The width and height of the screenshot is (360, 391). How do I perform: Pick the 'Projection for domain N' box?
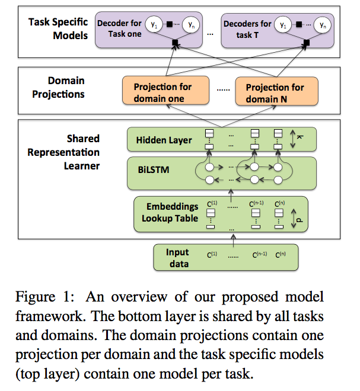tap(275, 92)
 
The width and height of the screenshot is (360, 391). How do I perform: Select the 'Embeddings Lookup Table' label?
tap(173, 213)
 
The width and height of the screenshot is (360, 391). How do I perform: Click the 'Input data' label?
tap(177, 257)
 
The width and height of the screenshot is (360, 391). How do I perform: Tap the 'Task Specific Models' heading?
tap(58, 28)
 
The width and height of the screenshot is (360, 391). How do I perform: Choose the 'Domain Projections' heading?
tap(66, 86)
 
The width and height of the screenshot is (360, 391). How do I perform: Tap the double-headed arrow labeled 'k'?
tap(293, 140)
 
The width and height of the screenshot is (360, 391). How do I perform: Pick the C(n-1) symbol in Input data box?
tap(259, 256)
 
